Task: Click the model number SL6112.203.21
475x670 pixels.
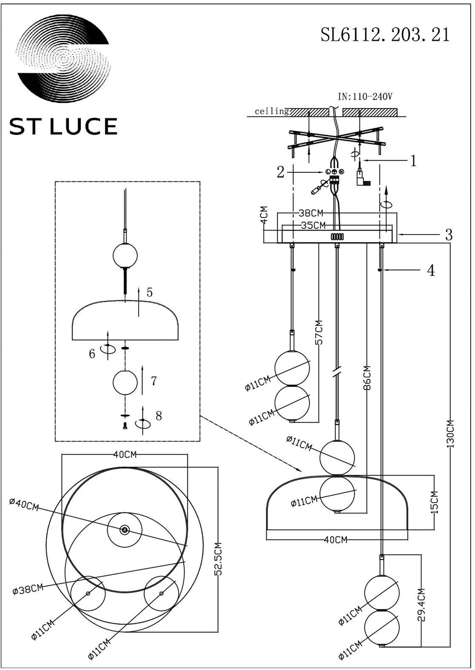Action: point(385,35)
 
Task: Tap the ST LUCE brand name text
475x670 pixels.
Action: point(63,127)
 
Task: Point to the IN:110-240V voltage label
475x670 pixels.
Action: point(365,97)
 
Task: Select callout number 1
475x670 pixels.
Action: point(413,161)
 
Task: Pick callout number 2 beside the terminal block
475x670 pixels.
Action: point(280,172)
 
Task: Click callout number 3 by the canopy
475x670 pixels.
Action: point(449,235)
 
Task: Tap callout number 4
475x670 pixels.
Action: point(431,271)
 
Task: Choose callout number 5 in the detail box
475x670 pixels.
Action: point(150,292)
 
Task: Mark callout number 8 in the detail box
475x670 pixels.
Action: point(158,416)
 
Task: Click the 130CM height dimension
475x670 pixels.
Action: point(450,434)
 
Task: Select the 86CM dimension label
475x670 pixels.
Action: point(367,378)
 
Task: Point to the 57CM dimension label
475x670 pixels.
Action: point(319,332)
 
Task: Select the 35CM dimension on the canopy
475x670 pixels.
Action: point(313,225)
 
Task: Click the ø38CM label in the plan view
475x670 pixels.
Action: point(28,589)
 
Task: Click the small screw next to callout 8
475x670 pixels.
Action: point(125,426)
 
